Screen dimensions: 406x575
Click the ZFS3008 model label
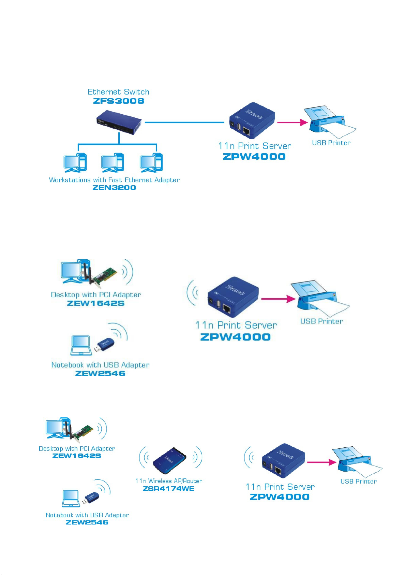coord(119,101)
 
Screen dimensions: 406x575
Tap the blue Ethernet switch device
coord(119,122)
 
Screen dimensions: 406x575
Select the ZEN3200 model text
coord(114,187)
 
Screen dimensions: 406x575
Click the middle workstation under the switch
coord(112,162)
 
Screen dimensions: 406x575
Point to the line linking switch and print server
coord(184,122)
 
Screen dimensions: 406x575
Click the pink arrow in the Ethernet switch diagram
coord(292,122)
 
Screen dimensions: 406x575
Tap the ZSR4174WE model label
coord(168,488)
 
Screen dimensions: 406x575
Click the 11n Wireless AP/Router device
coord(169,461)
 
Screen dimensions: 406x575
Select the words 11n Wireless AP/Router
coord(168,481)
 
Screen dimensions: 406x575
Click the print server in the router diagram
coord(283,461)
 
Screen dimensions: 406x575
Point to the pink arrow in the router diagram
coord(321,462)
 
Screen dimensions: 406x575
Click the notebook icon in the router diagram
coord(71,499)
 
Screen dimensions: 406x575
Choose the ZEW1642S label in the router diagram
coord(76,456)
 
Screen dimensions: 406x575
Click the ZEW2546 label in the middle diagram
coord(100,373)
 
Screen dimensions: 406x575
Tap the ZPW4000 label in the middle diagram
coord(235,337)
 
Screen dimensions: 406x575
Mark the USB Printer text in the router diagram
coord(358,481)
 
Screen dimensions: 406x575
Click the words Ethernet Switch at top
coord(119,92)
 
